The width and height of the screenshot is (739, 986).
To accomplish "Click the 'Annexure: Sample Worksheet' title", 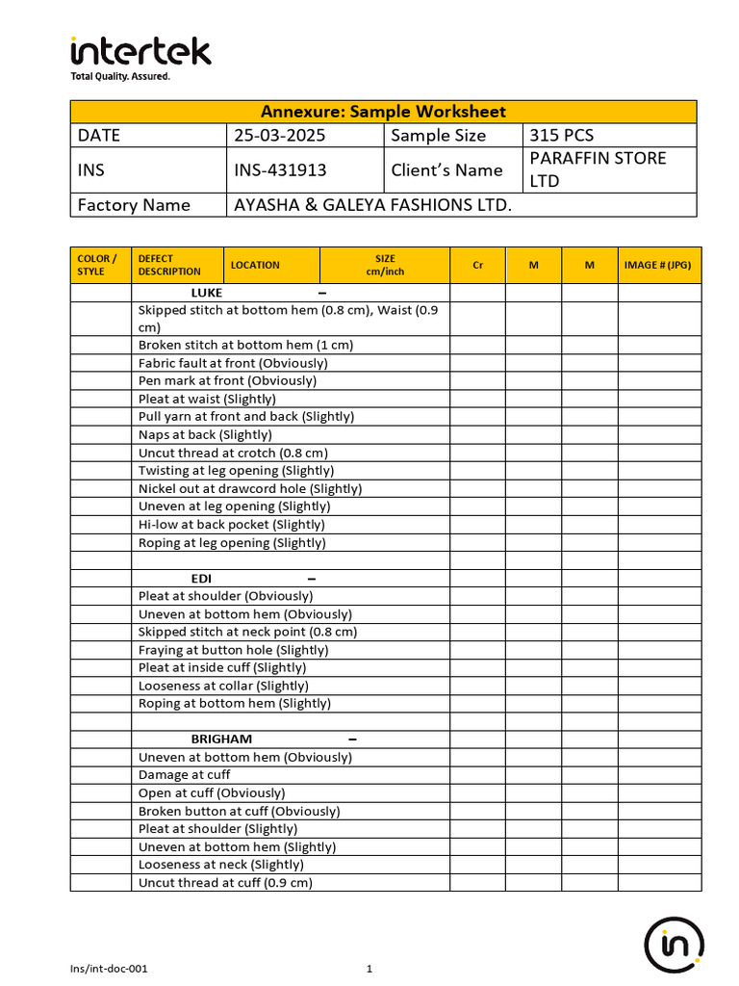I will pos(383,112).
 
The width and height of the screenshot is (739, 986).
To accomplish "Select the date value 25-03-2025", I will pos(281,136).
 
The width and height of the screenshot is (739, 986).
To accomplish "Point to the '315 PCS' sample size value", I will pos(562,136).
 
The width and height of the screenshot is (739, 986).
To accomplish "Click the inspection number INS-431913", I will pos(281,170).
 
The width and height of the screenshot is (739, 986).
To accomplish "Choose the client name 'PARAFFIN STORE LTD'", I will pos(598,169).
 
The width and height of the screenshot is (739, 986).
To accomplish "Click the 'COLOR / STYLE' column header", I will pos(97,265).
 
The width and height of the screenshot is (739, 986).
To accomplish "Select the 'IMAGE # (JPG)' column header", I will pos(657,265).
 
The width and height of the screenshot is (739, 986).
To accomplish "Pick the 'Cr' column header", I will pos(478,265).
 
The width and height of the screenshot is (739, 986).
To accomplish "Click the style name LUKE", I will pos(207,293).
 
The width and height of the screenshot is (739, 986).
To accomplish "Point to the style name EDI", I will pos(201,579).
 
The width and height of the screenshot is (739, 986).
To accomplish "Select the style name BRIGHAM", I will pos(221,739).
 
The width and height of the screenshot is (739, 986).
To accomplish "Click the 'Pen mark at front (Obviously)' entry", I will pos(227,381).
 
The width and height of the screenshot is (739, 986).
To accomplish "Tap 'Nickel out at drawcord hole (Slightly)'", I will pos(250,489).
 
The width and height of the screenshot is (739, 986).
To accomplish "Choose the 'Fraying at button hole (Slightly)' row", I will pos(234,650).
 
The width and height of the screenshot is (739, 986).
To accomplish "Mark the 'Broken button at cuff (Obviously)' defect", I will pos(240,811).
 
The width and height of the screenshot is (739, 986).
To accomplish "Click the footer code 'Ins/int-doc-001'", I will pos(110,969).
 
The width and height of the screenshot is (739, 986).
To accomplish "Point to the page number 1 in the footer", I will pos(369,969).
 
